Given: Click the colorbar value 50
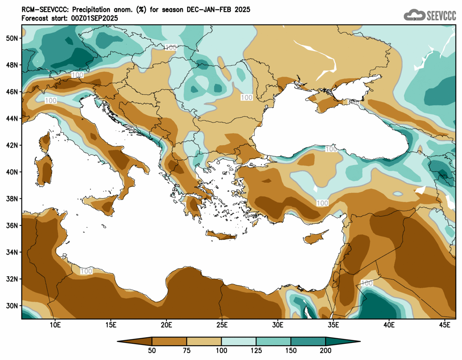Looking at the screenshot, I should [x=152, y=350].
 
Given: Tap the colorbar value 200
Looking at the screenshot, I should [x=326, y=350].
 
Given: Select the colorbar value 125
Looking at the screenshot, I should [x=256, y=350].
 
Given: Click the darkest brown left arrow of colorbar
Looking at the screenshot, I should [x=135, y=341].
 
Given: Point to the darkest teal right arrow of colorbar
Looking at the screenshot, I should [x=343, y=341].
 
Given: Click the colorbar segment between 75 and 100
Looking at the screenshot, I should [x=204, y=341].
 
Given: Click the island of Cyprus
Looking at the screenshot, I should [x=315, y=237].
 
